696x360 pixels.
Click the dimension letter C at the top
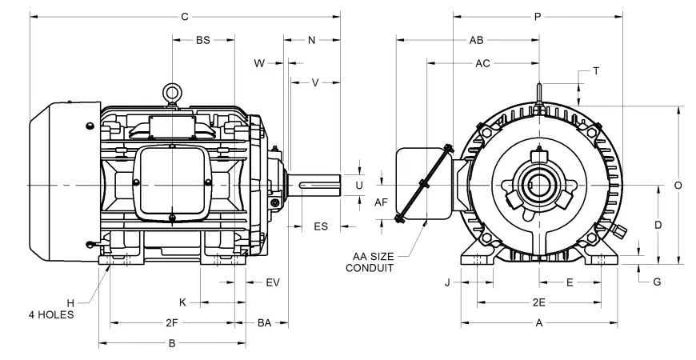185,15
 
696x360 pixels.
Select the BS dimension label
203,40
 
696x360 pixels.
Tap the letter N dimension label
312,40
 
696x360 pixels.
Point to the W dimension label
259,62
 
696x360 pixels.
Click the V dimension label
315,82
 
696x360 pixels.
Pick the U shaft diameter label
359,185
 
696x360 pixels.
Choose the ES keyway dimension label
321,226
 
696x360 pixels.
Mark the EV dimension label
273,282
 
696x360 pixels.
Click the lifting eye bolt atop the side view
170,94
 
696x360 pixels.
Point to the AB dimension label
476,40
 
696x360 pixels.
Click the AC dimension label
482,62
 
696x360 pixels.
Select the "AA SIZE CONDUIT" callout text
370,262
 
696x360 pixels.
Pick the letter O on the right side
678,185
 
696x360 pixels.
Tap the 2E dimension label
539,303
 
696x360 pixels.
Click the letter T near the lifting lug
595,70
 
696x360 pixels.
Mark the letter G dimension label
657,282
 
